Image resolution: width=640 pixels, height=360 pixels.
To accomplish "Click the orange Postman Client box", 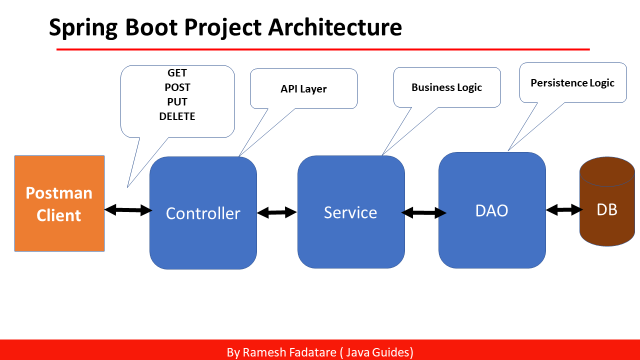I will [59, 203].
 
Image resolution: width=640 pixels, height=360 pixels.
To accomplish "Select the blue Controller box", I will [203, 213].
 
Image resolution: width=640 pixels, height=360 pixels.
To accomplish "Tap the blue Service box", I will [350, 212].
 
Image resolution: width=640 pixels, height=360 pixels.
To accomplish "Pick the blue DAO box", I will [491, 210].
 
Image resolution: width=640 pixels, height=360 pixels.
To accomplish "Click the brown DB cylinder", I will [607, 209].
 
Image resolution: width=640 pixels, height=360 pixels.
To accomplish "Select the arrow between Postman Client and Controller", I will [128, 210].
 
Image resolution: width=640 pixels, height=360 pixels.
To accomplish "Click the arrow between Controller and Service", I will [277, 212].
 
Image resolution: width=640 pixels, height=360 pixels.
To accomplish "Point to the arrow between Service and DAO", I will [423, 213].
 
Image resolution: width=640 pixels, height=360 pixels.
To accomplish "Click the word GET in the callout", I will [177, 73].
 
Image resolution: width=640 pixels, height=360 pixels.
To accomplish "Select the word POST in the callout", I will [177, 87].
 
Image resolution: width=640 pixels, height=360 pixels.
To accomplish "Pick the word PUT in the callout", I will [177, 102].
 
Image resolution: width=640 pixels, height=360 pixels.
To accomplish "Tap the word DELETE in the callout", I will [177, 116].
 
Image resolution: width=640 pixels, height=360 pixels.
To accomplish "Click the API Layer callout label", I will [303, 89].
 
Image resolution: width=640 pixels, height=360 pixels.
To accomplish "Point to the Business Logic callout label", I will [446, 87].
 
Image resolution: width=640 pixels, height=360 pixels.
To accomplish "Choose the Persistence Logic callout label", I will [572, 83].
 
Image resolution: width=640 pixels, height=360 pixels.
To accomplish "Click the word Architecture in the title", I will [335, 27].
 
